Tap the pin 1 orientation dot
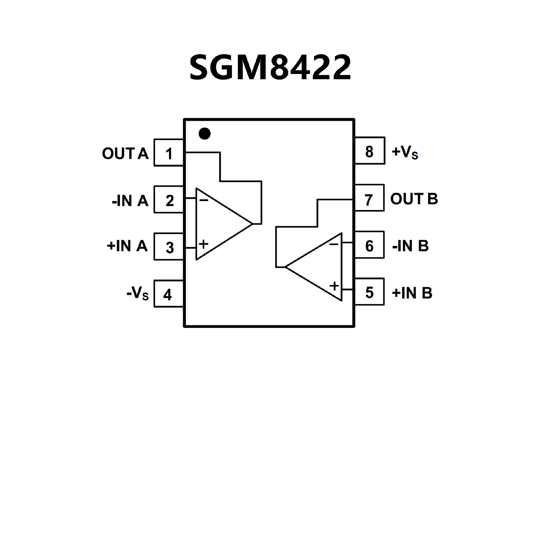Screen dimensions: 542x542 tap(204, 134)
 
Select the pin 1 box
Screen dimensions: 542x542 tap(169, 153)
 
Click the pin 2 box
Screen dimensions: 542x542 tap(169, 200)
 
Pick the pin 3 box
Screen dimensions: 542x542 tap(169, 247)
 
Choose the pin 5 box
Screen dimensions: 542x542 tap(369, 292)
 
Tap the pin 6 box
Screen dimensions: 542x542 tap(369, 245)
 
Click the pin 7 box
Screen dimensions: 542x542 tap(369, 198)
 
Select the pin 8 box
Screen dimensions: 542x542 tap(369, 151)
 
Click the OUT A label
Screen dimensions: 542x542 tap(125, 154)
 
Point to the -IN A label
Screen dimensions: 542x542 tap(130, 200)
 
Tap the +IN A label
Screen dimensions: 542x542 tap(127, 246)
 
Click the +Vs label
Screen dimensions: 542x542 tap(405, 152)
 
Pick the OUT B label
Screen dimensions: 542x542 tap(414, 199)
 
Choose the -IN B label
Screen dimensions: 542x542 tap(410, 246)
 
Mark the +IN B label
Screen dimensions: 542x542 tap(412, 293)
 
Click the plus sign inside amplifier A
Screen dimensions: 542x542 tap(203, 244)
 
